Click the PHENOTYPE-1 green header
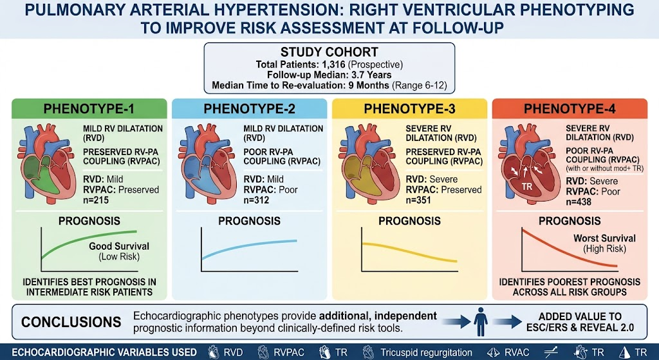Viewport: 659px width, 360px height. tap(89, 108)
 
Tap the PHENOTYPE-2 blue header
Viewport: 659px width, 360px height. tap(249, 108)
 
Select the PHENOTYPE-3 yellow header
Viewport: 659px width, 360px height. tap(409, 108)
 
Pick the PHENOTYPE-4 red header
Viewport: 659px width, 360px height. tap(570, 108)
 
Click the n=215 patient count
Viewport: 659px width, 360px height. tap(96, 200)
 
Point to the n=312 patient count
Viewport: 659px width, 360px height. tap(256, 200)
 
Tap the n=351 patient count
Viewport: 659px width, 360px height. tap(418, 200)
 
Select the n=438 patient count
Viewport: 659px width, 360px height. tap(579, 202)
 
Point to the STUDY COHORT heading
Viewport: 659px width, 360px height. tap(329, 52)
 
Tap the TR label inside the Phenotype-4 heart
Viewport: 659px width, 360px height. tap(526, 186)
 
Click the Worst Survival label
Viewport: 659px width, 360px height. tap(604, 238)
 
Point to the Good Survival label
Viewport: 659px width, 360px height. tap(119, 246)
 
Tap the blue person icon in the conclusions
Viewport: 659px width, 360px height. tap(481, 321)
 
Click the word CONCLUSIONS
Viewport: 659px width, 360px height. tap(71, 322)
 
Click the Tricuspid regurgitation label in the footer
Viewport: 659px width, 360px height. tap(426, 352)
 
